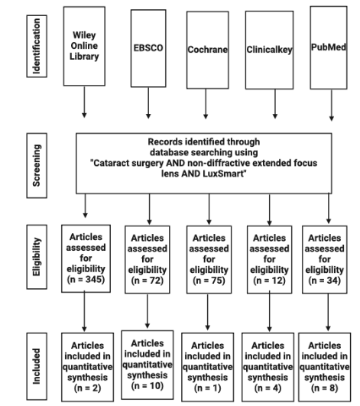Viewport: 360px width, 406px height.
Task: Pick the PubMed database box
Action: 329,46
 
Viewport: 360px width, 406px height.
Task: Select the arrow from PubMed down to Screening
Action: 329,100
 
